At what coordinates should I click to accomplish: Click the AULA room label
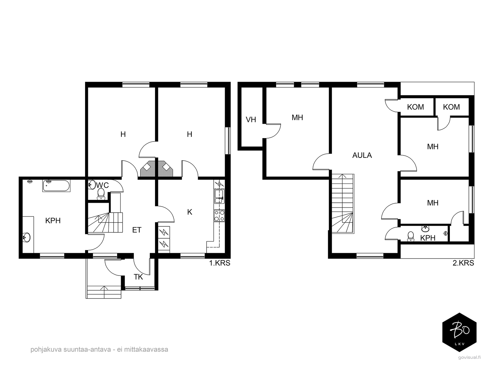(x=362, y=155)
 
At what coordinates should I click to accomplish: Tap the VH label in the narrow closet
(x=251, y=120)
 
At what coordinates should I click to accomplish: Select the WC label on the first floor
(x=102, y=185)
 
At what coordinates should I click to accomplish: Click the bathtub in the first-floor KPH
(x=56, y=186)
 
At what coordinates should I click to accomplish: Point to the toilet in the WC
(x=101, y=194)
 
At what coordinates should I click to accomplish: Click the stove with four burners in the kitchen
(x=219, y=216)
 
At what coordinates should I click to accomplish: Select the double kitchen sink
(x=219, y=196)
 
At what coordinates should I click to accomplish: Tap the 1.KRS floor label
(x=220, y=263)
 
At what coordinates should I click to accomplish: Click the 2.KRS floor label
(x=463, y=263)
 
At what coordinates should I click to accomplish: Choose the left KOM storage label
(x=416, y=107)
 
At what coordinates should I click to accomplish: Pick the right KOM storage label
(x=451, y=107)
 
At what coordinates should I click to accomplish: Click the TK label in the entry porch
(x=138, y=277)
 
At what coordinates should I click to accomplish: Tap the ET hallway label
(x=137, y=230)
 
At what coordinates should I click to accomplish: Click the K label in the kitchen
(x=190, y=212)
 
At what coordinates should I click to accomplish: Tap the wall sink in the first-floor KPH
(x=26, y=237)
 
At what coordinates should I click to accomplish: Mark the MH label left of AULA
(x=297, y=117)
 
